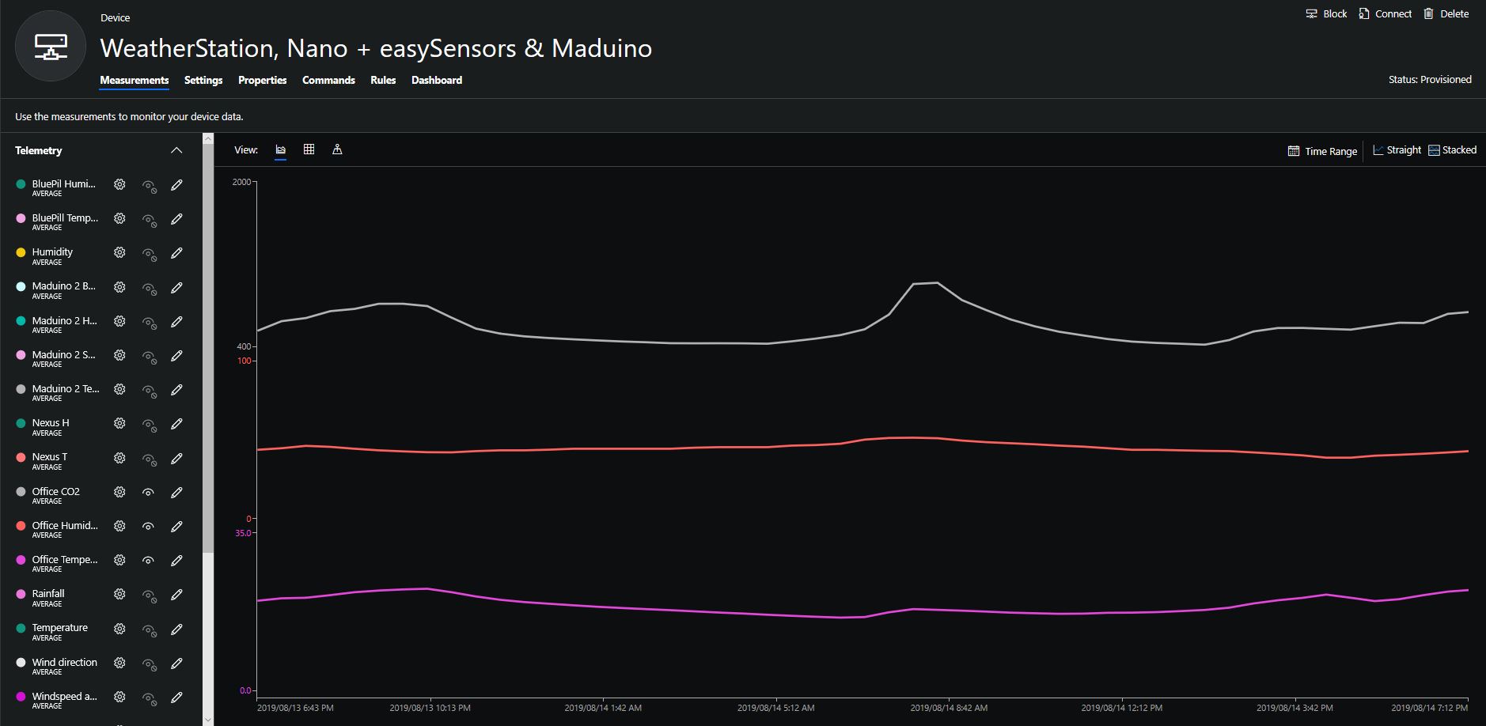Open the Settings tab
pos(203,80)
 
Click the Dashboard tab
pos(436,80)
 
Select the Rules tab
pos(383,80)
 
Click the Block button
pos(1326,13)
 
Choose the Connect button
pos(1385,13)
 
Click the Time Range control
pos(1322,151)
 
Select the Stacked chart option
pos(1452,150)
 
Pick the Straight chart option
pos(1397,150)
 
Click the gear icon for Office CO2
pos(119,492)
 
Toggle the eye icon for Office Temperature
pos(148,560)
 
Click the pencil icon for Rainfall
pos(176,595)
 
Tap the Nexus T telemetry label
pos(49,457)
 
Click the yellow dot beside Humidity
pos(21,252)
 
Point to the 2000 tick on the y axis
pos(241,182)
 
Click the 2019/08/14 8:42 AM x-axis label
pos(949,708)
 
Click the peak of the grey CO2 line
pos(937,282)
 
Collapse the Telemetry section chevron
pos(176,150)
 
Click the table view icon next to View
pos(309,149)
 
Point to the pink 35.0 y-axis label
pos(243,533)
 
